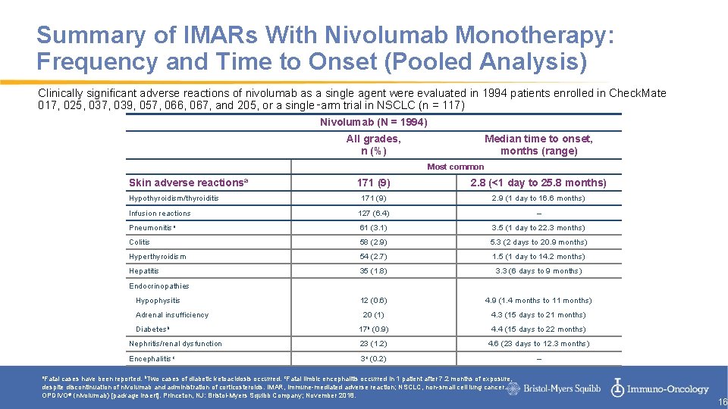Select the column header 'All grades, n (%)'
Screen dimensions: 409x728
[x=373, y=144]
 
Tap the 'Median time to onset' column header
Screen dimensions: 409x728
[x=538, y=144]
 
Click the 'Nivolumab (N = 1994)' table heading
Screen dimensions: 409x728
[x=373, y=122]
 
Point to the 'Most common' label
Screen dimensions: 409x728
[x=455, y=167]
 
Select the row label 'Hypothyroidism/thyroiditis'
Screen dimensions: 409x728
[x=174, y=198]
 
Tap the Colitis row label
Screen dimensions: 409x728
[x=140, y=242]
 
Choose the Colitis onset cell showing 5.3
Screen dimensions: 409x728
[x=538, y=242]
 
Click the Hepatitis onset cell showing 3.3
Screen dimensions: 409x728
[x=538, y=270]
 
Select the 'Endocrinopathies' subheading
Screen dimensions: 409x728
[x=158, y=286]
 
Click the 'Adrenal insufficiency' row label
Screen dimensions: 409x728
[x=171, y=314]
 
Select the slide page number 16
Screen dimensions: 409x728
[x=722, y=402]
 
